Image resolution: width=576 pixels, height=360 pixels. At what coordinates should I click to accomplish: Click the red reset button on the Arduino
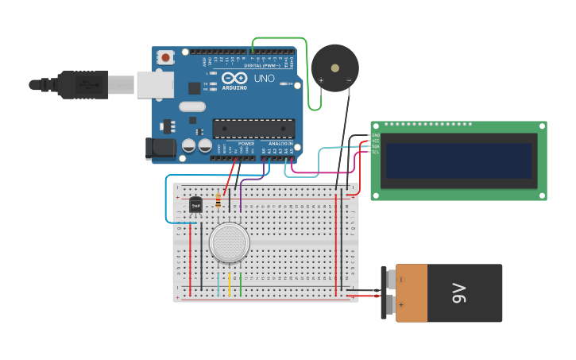click(165, 56)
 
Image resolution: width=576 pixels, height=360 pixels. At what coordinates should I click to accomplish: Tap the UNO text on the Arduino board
click(264, 79)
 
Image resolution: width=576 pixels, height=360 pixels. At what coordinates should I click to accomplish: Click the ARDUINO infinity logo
click(235, 79)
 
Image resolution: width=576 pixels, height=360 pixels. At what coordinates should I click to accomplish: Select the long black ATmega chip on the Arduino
click(253, 128)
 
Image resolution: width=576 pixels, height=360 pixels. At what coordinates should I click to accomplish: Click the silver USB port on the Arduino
click(155, 84)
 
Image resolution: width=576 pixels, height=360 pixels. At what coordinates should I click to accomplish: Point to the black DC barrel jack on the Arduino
click(160, 148)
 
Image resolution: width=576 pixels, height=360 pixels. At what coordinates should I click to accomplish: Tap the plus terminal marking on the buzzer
click(321, 80)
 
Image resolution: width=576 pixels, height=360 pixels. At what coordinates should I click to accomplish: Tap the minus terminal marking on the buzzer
click(349, 79)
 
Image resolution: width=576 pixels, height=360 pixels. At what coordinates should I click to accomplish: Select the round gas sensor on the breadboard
click(230, 242)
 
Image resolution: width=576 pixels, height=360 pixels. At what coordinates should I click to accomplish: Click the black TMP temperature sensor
click(195, 205)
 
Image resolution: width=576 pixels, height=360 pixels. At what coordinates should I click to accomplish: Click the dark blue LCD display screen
click(458, 161)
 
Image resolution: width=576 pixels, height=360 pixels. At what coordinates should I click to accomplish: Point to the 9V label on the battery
click(458, 292)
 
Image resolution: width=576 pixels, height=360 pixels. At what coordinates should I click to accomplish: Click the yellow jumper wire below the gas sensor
click(229, 285)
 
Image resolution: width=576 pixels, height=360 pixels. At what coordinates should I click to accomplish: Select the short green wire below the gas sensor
click(240, 285)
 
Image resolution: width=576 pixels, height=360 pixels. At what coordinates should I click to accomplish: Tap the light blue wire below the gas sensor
click(218, 285)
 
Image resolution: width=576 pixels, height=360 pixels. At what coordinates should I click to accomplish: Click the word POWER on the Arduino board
click(246, 144)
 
